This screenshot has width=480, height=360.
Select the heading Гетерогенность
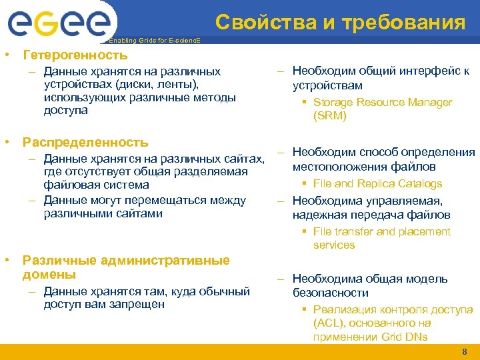point(75,55)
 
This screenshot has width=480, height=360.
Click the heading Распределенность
point(85,143)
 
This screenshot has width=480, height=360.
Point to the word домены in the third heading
point(49,275)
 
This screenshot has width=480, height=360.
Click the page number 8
point(465,351)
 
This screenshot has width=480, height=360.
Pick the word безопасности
point(331,293)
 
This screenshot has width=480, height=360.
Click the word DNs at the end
point(414,337)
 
